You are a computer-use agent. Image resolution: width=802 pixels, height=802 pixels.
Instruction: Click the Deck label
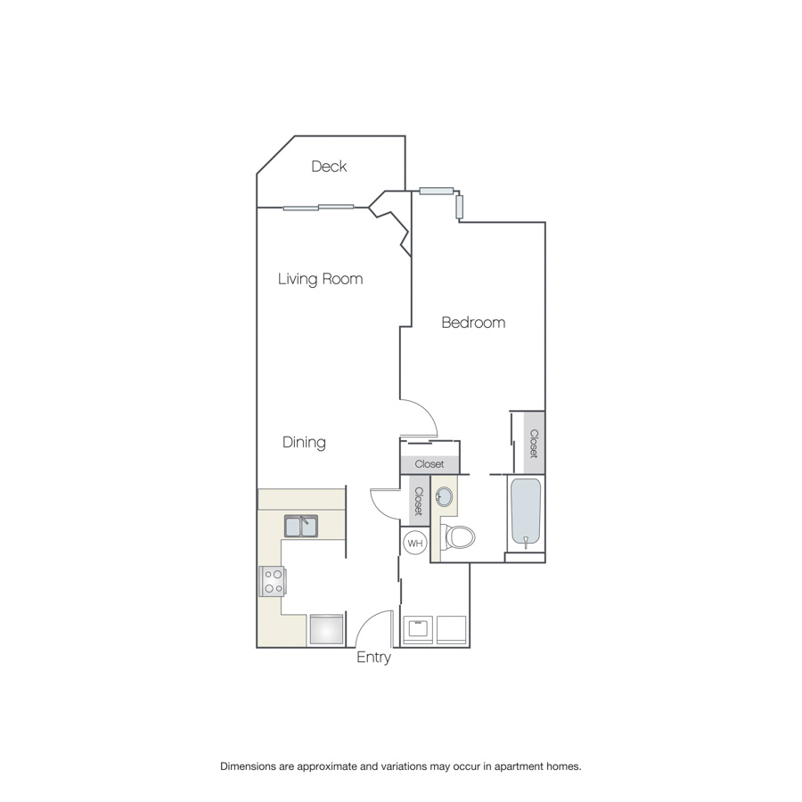[x=329, y=167]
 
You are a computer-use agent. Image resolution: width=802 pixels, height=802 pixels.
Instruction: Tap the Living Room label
[x=320, y=279]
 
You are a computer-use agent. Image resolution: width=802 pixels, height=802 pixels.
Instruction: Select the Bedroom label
[x=473, y=323]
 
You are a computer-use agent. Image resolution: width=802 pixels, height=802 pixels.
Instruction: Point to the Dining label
[x=304, y=442]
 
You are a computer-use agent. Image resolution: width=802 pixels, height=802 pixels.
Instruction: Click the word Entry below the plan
[x=373, y=658]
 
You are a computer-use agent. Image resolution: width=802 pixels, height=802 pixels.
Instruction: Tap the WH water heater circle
[x=414, y=543]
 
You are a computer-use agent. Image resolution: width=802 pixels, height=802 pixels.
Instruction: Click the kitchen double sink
[x=301, y=527]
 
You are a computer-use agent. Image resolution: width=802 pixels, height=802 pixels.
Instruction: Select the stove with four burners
[x=272, y=581]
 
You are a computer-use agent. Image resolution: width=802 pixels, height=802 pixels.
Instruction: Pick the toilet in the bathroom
[x=457, y=537]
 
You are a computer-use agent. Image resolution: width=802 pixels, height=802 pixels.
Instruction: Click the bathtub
[x=526, y=513]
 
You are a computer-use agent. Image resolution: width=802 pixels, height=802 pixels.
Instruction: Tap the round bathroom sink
[x=444, y=496]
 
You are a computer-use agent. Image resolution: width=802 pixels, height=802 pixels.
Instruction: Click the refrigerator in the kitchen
[x=326, y=630]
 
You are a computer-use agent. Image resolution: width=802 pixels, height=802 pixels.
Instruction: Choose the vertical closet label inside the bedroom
[x=534, y=444]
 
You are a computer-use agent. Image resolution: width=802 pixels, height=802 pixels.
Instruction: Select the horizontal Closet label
[x=430, y=464]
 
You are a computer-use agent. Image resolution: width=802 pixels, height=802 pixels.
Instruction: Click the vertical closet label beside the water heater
[x=419, y=501]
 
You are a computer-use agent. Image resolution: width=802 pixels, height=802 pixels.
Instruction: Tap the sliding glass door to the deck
[x=318, y=208]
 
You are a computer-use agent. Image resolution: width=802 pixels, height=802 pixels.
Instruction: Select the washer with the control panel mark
[x=418, y=630]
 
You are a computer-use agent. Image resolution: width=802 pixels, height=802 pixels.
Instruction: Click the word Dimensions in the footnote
[x=248, y=766]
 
